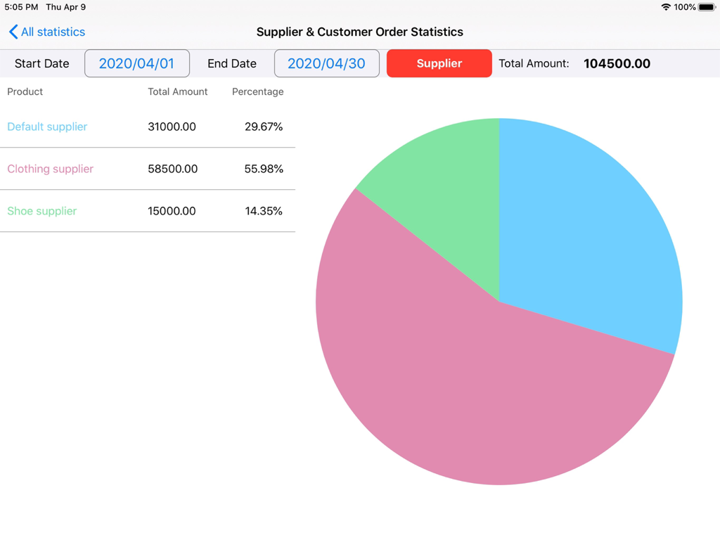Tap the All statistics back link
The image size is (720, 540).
[x=47, y=32]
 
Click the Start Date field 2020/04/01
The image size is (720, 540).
[x=136, y=63]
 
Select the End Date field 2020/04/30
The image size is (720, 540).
[x=326, y=63]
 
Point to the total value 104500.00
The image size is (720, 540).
[x=617, y=63]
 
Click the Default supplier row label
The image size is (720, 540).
[x=47, y=127]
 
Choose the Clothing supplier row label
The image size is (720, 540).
[x=50, y=169]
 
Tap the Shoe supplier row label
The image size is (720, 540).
[x=41, y=211]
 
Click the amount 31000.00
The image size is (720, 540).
[x=172, y=127]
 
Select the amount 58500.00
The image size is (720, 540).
[x=172, y=169]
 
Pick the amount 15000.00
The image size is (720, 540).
[x=172, y=211]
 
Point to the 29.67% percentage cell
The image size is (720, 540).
[x=264, y=127]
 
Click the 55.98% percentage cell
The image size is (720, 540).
[x=264, y=169]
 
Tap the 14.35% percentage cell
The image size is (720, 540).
[x=264, y=211]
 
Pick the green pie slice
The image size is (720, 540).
[x=443, y=183]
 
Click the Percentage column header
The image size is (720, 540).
[x=257, y=91]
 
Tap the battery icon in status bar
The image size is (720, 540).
[x=707, y=7]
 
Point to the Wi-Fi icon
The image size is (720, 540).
[x=666, y=7]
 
